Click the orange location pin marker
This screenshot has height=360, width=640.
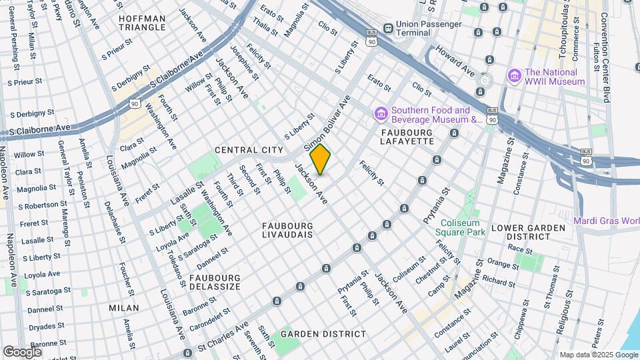pos(320,159)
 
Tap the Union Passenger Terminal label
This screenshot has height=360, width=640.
pos(429,28)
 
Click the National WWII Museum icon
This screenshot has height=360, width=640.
pos(513,77)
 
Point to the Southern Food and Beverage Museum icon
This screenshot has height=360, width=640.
pos(381,115)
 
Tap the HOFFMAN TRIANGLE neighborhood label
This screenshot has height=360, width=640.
pos(142,22)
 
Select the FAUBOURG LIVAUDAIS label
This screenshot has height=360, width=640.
pos(287,231)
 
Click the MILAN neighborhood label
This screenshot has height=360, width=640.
pos(124,308)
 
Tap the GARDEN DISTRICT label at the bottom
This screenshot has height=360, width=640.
pos(323,333)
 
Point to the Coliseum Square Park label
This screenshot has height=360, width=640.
pos(460,227)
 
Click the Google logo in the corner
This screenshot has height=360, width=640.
pos(22,351)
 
